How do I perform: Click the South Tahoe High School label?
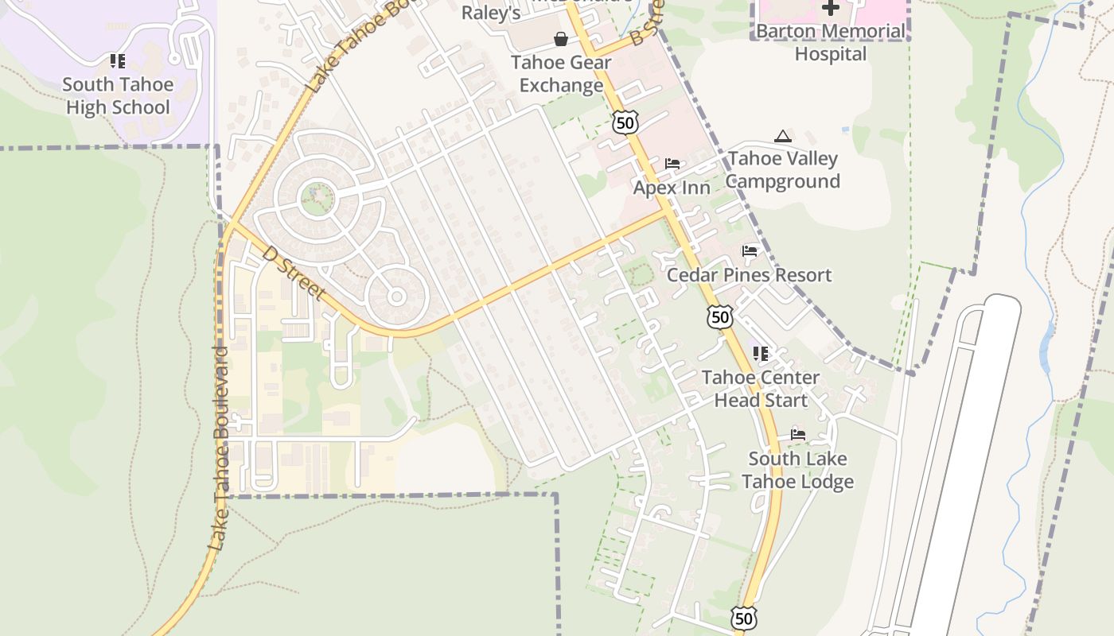[x=118, y=95]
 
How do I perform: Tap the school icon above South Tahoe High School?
[x=118, y=61]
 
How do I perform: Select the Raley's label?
[x=492, y=14]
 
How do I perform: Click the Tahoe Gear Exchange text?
[x=561, y=74]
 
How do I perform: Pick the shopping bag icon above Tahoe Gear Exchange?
[x=561, y=39]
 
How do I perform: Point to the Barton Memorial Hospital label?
[x=830, y=43]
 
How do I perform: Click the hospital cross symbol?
[x=830, y=8]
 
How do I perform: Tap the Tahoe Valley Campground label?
[x=782, y=170]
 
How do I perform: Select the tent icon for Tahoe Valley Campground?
[x=783, y=137]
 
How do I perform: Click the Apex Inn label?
[x=672, y=188]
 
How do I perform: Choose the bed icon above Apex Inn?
[x=672, y=164]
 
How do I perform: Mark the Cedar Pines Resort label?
[x=749, y=275]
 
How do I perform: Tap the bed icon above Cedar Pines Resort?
[x=750, y=251]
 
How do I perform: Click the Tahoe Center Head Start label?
[x=761, y=389]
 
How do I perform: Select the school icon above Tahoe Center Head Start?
[x=761, y=353]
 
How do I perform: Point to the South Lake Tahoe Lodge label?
[x=797, y=470]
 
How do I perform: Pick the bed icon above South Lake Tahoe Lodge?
[x=798, y=434]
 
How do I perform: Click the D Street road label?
[x=294, y=273]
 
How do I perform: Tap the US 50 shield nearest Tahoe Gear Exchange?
[x=625, y=122]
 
